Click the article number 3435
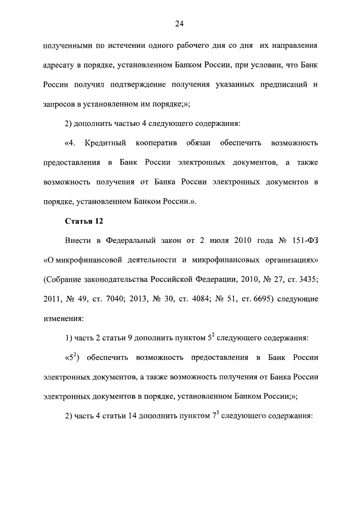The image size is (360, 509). tap(307, 280)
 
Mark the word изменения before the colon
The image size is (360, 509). tap(62, 318)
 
